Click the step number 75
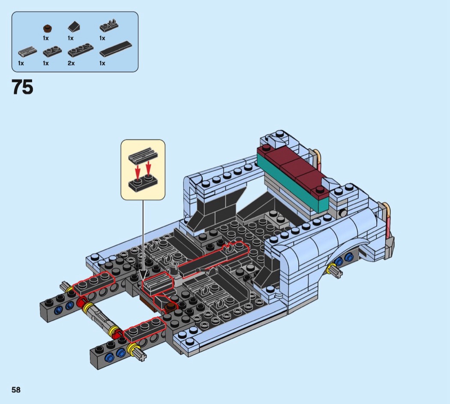pos(22,87)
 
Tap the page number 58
pos(16,390)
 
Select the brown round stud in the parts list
pos(47,28)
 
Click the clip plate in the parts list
pos(109,26)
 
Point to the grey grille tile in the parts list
pos(27,51)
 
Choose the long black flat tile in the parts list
pos(116,49)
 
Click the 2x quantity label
pos(71,63)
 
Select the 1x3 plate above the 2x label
pos(81,50)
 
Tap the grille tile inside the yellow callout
pos(143,154)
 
